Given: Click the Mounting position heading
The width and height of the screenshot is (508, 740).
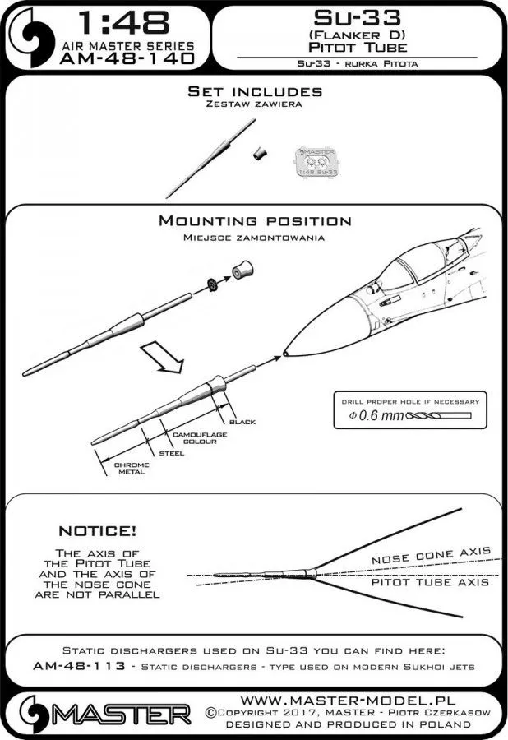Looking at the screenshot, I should tap(254, 221).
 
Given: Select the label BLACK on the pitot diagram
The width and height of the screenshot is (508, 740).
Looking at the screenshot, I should tap(242, 422).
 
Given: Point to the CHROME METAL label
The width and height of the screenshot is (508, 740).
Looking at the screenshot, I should tap(131, 468).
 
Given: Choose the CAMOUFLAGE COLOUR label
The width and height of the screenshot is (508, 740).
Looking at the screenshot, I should tap(194, 437).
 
